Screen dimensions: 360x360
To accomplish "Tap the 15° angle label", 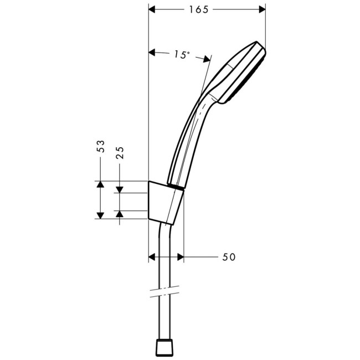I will tap(181, 54).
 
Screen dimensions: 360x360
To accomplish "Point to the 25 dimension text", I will tap(120, 152).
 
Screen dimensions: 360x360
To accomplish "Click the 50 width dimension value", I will tap(229, 257).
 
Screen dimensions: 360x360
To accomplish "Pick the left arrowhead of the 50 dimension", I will tap(153, 257).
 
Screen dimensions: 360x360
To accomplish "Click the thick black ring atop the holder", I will tap(176, 187).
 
